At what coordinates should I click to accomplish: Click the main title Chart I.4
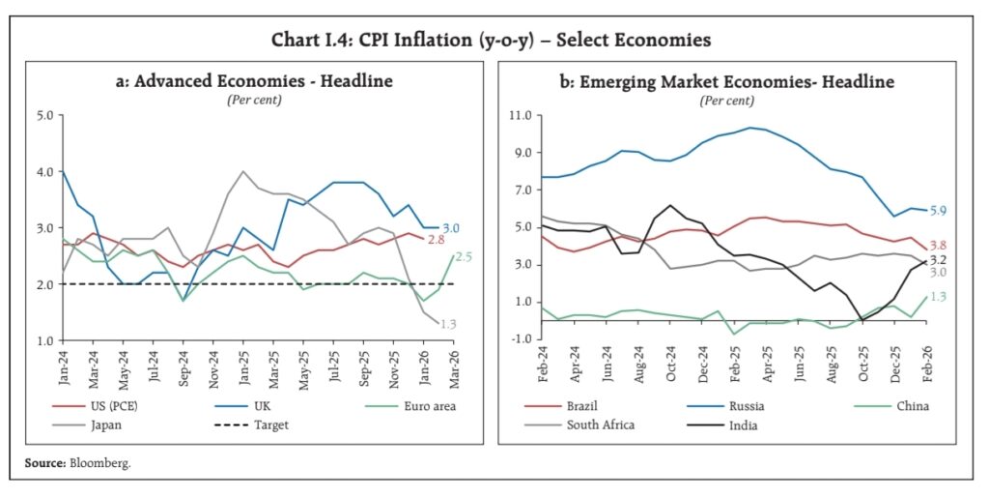click(x=494, y=40)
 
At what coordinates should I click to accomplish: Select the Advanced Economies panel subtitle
click(x=254, y=81)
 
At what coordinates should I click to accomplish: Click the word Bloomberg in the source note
click(x=99, y=463)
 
